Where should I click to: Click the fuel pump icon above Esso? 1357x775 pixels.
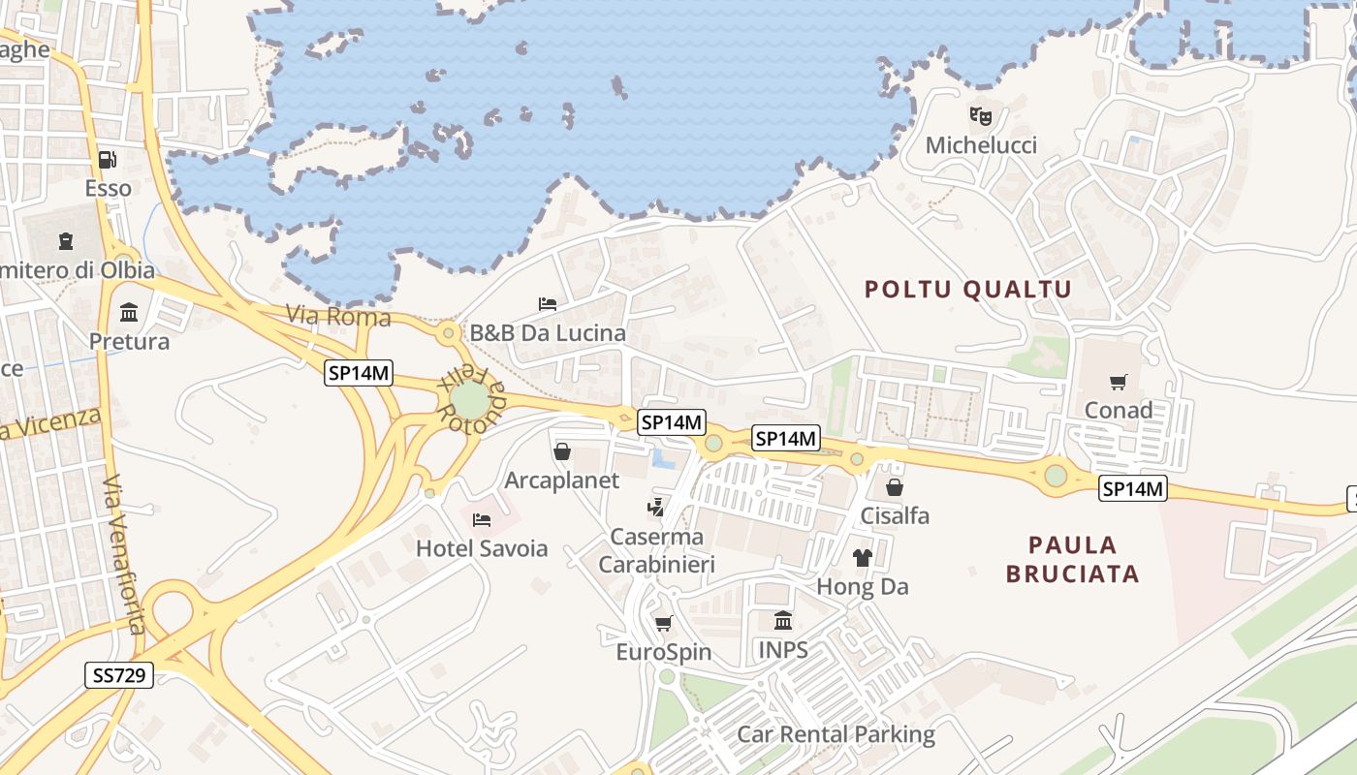pos(108,160)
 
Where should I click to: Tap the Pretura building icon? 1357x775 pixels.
pos(129,312)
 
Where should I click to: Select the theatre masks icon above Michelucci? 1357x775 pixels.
pos(981,117)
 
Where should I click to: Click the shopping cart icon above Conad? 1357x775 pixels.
pos(1119,382)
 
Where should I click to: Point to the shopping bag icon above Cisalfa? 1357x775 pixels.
pos(895,487)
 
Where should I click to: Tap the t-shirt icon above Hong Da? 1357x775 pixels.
pos(862,558)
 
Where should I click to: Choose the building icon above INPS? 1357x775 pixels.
pos(783,620)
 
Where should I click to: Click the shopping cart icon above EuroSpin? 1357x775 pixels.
pos(663,623)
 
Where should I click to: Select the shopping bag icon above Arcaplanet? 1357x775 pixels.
pos(562,451)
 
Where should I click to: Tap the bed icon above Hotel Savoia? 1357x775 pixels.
pos(482,520)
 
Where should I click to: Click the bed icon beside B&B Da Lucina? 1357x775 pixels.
pos(548,304)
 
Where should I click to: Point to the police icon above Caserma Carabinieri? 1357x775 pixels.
pos(657,507)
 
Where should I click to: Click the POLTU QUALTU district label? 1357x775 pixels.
pos(967,289)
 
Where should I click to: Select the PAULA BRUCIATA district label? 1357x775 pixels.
pos(1072,559)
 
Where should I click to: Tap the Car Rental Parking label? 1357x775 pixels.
pos(836,733)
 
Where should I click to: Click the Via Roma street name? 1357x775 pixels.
pos(338,316)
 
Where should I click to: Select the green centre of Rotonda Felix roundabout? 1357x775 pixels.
pos(470,400)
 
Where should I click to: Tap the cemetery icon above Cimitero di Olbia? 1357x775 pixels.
pos(66,240)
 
